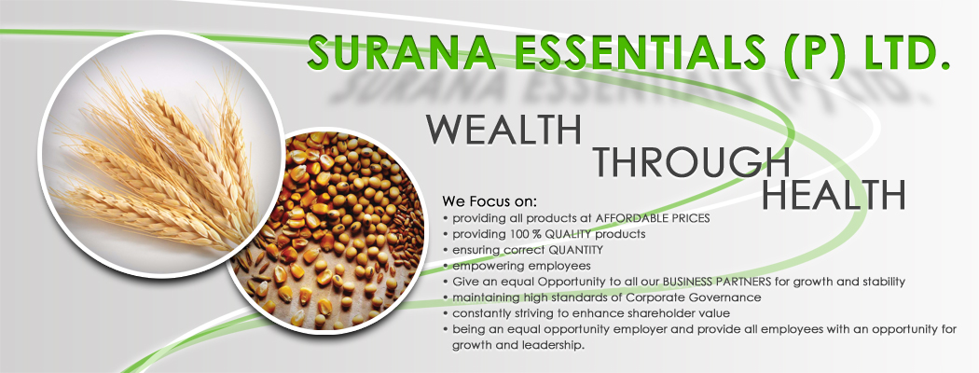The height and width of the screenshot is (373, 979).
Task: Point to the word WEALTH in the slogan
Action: click(x=503, y=130)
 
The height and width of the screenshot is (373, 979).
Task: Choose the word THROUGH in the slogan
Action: click(x=692, y=161)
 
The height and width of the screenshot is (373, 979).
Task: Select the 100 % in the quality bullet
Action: click(x=523, y=235)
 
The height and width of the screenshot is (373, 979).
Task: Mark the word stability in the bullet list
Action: click(x=882, y=283)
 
